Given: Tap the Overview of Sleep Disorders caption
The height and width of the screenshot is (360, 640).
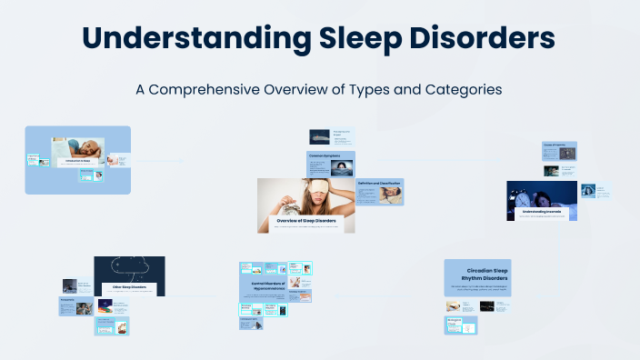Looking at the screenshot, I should pyautogui.click(x=305, y=221).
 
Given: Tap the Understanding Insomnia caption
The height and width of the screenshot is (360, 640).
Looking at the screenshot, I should pyautogui.click(x=542, y=211).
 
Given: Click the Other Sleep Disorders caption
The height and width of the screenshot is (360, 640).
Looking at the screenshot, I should pyautogui.click(x=128, y=287).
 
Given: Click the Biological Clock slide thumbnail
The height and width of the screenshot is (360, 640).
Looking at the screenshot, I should pyautogui.click(x=461, y=325).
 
